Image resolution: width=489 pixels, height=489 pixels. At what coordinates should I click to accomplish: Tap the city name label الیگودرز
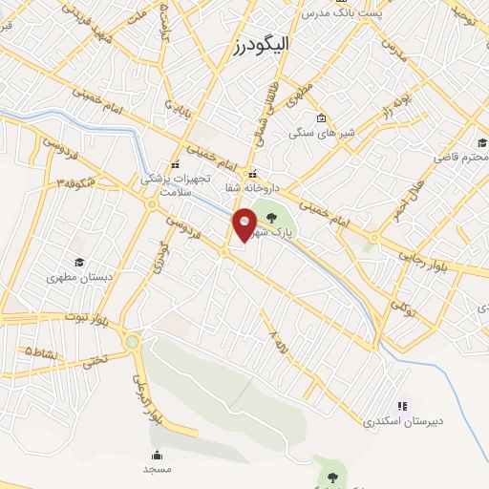[261, 44]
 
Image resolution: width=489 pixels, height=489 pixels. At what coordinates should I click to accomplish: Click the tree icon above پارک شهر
[283, 217]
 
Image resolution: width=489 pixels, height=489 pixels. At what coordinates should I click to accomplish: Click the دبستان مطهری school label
[79, 277]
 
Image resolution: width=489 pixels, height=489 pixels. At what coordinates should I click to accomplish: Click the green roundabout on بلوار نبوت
[132, 341]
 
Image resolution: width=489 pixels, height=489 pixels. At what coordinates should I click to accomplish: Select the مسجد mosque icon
[155, 455]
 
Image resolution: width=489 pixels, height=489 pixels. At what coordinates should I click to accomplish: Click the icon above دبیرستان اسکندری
[400, 406]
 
